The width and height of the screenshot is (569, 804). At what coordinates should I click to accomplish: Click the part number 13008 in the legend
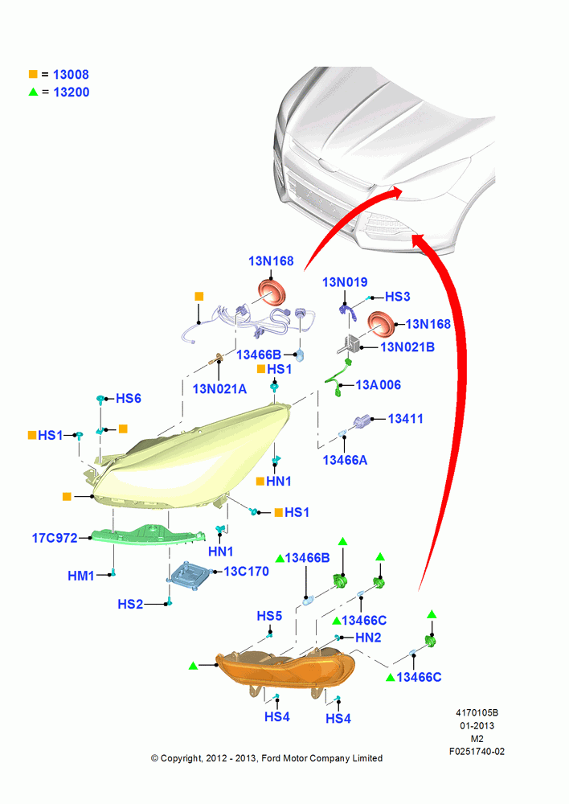(71, 75)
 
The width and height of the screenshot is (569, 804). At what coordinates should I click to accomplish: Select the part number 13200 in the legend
(72, 92)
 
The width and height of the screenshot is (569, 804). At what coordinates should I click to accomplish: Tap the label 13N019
(345, 282)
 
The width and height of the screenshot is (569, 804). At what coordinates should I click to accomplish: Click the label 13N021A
(219, 389)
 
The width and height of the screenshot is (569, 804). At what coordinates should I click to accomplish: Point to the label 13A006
(379, 385)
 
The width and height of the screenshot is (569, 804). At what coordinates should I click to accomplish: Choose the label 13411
(406, 419)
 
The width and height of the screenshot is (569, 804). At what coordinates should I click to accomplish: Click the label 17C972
(55, 538)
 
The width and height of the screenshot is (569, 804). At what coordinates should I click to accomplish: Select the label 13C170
(246, 571)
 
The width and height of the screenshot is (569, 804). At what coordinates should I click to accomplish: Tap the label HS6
(128, 399)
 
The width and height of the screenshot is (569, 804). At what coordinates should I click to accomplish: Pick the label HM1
(81, 576)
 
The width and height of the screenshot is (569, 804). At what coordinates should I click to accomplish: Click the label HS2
(130, 604)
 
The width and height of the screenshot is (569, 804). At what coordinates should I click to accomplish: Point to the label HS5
(269, 616)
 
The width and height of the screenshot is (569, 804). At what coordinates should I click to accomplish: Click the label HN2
(368, 638)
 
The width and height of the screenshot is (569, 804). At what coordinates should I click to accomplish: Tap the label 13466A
(345, 461)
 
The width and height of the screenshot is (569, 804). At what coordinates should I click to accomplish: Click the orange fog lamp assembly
(285, 668)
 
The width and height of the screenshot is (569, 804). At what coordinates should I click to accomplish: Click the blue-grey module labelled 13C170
(189, 572)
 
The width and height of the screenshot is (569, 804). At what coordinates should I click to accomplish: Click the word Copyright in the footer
(181, 758)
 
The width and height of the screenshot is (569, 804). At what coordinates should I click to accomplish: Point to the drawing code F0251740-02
(477, 752)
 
